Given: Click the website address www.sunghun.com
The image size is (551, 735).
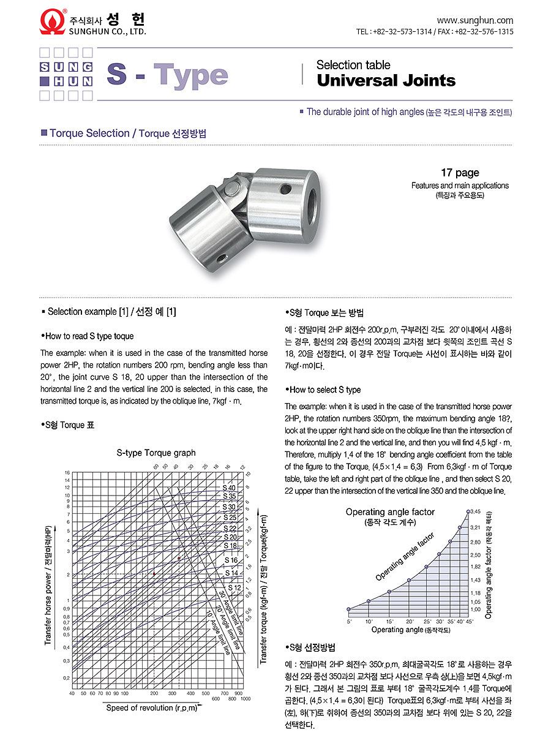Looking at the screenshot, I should click(474, 20).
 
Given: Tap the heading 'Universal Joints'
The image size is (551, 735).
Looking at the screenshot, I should click(386, 81).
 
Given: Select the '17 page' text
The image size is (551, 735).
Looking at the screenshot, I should click(460, 173).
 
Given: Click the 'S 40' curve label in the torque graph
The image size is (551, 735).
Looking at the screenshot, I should click(229, 488).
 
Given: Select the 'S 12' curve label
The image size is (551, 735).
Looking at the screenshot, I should click(233, 588).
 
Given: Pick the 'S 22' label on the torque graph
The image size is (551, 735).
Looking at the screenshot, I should click(230, 528).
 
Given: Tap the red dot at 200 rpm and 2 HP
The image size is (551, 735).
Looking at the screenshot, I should click(154, 573).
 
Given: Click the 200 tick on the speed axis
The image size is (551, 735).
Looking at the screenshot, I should click(154, 693).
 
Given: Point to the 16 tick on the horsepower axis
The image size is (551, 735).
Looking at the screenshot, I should click(68, 473).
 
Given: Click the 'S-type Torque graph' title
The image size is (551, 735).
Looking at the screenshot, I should click(156, 453).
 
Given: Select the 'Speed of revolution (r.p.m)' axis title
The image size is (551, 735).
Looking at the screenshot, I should click(152, 708).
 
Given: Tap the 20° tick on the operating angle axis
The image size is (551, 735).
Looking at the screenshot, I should click(410, 621).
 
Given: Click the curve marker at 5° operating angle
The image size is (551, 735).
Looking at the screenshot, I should click(348, 609).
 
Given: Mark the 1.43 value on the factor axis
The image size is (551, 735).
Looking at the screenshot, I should click(475, 579).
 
